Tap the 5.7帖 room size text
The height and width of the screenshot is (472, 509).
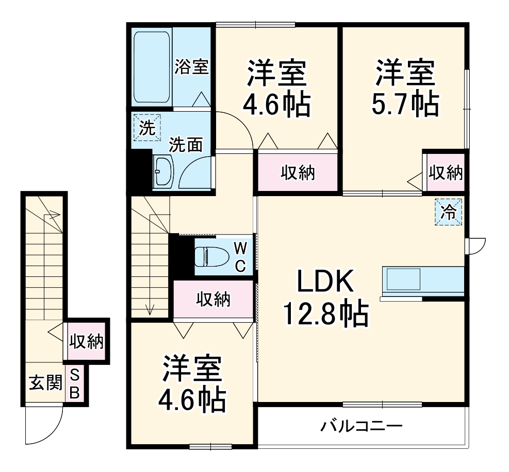point(404,104)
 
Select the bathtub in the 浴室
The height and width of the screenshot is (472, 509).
point(152,68)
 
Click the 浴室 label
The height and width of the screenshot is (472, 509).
point(191,67)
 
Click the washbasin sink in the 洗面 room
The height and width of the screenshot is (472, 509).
point(165,172)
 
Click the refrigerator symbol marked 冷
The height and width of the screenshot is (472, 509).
point(449,212)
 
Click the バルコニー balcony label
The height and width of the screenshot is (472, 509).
point(361,427)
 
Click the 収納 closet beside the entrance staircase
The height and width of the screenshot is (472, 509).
point(87,341)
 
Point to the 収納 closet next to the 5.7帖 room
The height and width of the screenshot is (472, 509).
point(445,173)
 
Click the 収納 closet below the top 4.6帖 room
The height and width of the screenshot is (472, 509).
point(298,173)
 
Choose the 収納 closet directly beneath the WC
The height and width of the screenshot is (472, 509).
point(213,299)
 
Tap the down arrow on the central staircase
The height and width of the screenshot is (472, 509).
point(150,309)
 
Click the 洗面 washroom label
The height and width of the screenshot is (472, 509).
point(186,145)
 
